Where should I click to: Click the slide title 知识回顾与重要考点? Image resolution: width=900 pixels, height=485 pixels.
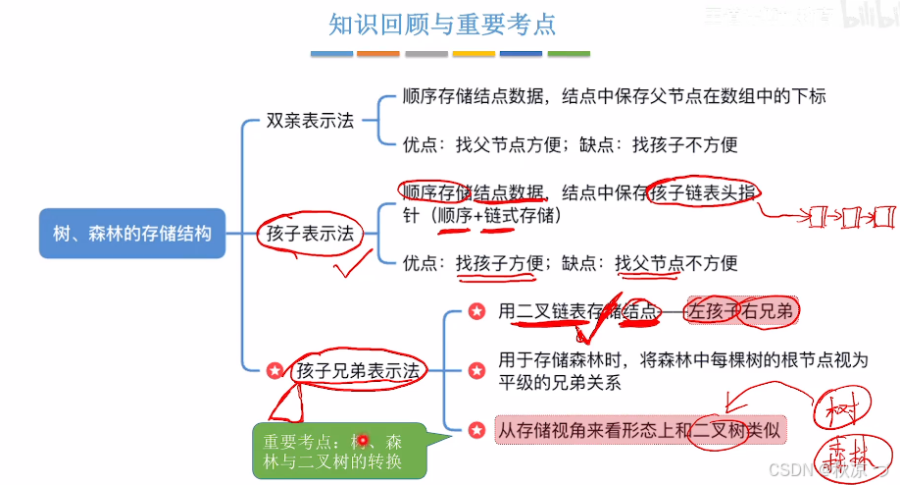[x=449, y=23]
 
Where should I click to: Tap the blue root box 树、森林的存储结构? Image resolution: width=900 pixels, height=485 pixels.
[x=131, y=234]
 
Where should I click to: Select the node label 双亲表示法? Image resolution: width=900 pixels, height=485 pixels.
[x=310, y=122]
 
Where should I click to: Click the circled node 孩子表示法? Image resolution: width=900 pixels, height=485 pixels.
[x=310, y=234]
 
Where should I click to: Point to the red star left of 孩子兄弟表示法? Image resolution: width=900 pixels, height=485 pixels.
[x=275, y=371]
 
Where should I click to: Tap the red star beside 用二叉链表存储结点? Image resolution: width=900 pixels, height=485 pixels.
[x=476, y=311]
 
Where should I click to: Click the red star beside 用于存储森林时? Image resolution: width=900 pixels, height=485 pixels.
[x=476, y=371]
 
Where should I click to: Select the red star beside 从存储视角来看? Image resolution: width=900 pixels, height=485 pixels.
[x=476, y=430]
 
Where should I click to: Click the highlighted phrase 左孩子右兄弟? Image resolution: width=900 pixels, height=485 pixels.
[x=742, y=311]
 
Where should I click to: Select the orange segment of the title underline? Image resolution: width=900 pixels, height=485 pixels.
[x=377, y=53]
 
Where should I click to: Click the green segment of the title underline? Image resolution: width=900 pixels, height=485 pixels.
[x=569, y=53]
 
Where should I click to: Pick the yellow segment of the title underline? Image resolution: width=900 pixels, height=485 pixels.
[x=474, y=53]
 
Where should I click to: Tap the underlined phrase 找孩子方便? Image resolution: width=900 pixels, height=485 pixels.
[x=500, y=263]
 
